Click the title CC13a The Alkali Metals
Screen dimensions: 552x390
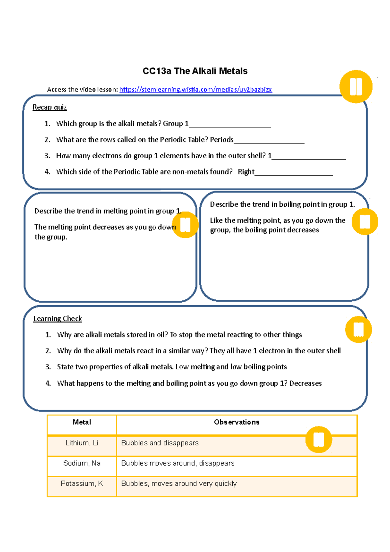pos(195,71)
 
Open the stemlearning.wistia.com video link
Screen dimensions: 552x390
pos(195,89)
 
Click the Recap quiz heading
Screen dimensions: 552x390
pos(49,107)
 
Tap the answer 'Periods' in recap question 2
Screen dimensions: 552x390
pos(222,140)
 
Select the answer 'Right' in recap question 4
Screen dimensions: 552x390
pos(246,172)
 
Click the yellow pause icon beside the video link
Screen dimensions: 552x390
pos(356,87)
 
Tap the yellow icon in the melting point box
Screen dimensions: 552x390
pos(185,225)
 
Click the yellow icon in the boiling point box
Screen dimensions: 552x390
pos(365,222)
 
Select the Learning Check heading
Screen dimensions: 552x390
pos(58,319)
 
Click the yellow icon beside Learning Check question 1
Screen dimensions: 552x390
pos(358,329)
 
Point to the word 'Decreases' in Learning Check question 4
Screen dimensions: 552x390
pos(305,383)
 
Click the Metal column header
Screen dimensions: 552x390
pos(82,422)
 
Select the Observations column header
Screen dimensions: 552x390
pos(237,422)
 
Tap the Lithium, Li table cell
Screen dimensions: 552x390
pos(82,443)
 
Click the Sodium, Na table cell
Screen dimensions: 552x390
pos(82,463)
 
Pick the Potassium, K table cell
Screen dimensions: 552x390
pos(82,484)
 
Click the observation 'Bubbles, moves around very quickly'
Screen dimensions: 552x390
pos(179,484)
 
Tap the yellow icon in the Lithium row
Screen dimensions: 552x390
pos(318,440)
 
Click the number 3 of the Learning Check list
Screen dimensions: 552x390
pos(48,367)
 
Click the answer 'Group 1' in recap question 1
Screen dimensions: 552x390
pos(175,124)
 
